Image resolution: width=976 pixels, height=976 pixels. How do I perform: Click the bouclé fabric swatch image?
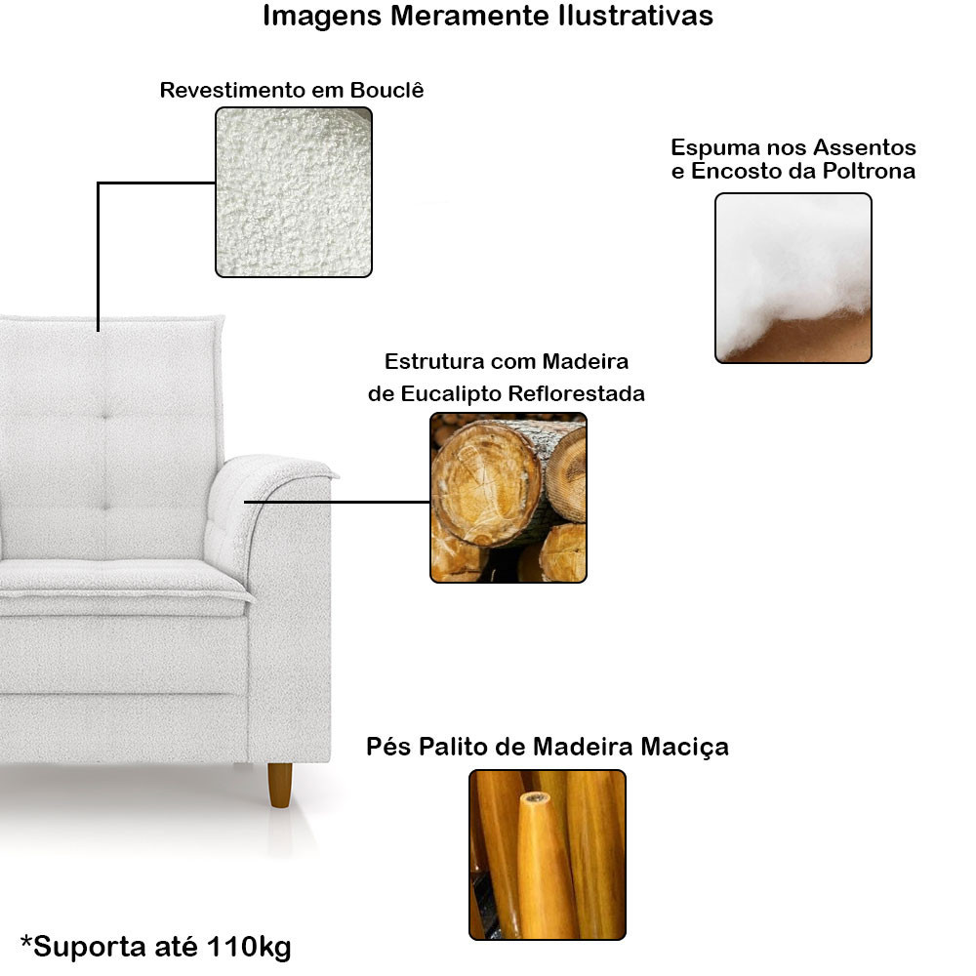(293, 192)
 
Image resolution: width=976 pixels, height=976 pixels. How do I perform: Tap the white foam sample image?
(793, 278)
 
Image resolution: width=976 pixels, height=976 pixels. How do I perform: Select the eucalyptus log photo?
(508, 498)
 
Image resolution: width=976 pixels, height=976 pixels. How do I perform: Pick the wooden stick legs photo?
(547, 854)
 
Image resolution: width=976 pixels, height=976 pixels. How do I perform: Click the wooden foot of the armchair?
(280, 785)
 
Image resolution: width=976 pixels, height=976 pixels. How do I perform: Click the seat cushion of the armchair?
(117, 583)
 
